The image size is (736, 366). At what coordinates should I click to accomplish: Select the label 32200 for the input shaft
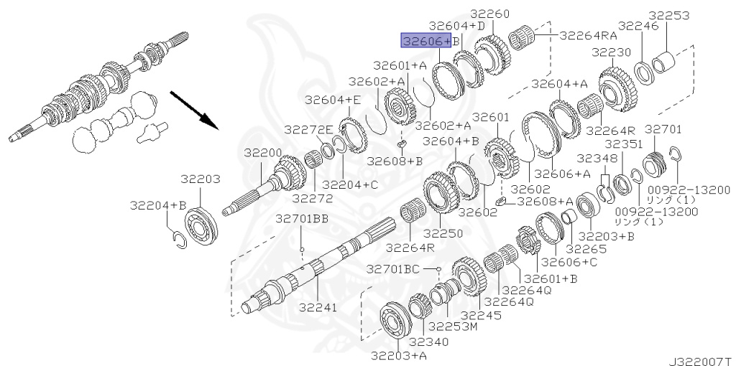pyautogui.click(x=263, y=154)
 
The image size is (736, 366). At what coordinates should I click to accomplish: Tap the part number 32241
pyautogui.click(x=318, y=307)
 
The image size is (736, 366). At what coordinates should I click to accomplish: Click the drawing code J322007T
pyautogui.click(x=701, y=361)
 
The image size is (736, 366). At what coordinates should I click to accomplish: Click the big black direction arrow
pyautogui.click(x=194, y=110)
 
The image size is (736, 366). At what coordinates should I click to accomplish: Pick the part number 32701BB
pyautogui.click(x=302, y=220)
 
